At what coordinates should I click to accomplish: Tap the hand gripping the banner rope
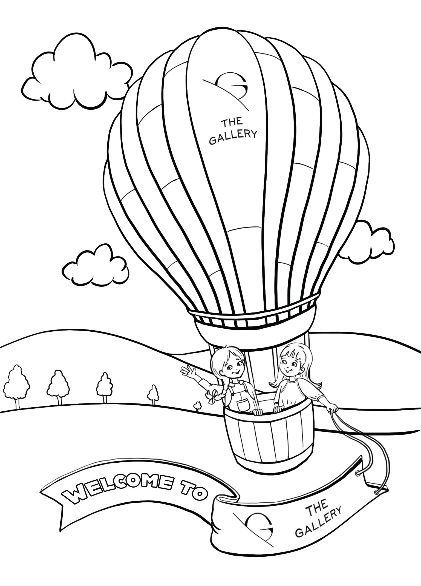(x=332, y=408)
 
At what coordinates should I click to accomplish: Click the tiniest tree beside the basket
(x=197, y=406)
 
